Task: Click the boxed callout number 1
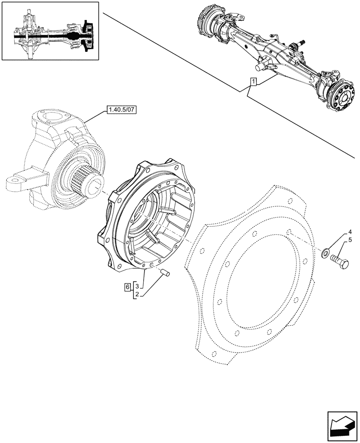tap(253, 82)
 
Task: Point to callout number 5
tap(350, 241)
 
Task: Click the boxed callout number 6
tap(127, 287)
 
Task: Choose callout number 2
tap(137, 295)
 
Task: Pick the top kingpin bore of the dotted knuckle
tap(55, 118)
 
